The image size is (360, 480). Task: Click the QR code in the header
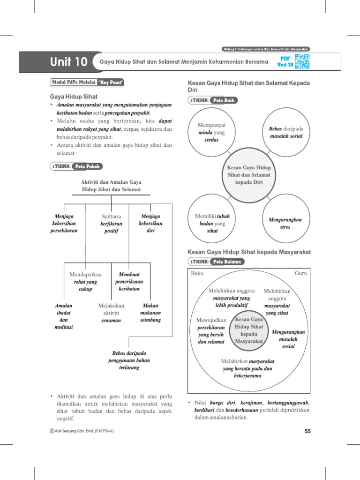tap(302, 61)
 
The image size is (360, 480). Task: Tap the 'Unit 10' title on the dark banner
tap(69, 62)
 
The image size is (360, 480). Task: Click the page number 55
tap(308, 432)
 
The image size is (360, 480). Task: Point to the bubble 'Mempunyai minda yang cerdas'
tap(212, 133)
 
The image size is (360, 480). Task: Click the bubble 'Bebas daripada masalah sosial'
tap(286, 132)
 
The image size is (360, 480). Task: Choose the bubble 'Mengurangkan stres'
tap(285, 223)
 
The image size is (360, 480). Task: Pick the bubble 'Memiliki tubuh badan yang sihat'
tap(212, 223)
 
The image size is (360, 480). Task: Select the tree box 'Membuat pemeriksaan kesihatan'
tap(129, 281)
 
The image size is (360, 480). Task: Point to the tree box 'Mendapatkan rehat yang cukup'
tap(85, 281)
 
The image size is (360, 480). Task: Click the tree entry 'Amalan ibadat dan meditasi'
tap(64, 316)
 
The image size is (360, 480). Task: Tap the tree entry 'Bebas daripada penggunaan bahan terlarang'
tap(129, 360)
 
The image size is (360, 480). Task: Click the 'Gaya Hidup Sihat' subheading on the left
tap(71, 97)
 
